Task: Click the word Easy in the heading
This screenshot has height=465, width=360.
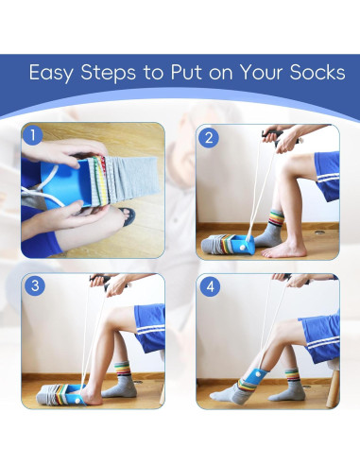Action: coord(51,74)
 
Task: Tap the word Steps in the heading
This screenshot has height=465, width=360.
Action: coord(109,74)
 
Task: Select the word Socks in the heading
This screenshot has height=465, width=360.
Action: coord(317,72)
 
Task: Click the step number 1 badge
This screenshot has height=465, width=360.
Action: coord(32,136)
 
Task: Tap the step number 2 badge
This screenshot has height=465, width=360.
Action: coord(209,138)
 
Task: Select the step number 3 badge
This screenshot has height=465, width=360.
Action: coord(35,285)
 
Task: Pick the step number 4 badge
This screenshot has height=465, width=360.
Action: coord(210,286)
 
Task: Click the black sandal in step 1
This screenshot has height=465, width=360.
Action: coord(128,215)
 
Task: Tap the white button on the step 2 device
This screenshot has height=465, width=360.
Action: coord(243,248)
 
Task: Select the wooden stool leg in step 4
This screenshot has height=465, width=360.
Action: coord(333,388)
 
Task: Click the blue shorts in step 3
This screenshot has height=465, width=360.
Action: coord(150,328)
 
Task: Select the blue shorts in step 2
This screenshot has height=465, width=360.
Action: coord(328,176)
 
